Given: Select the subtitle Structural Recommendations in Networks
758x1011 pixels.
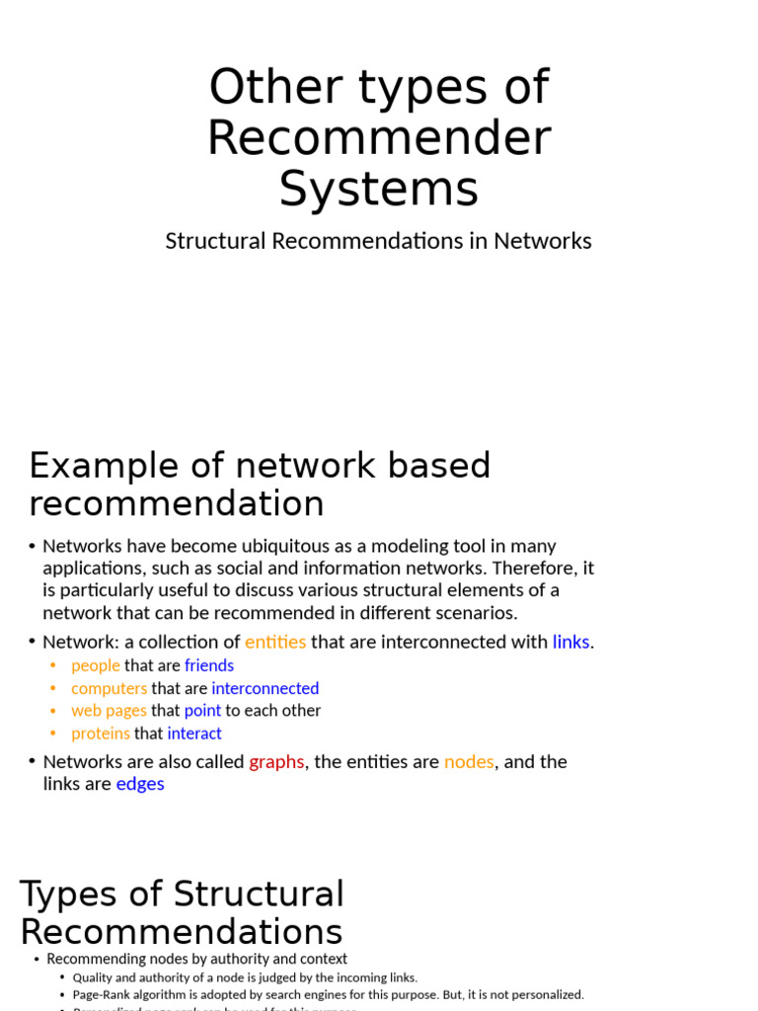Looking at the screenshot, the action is coord(378,241).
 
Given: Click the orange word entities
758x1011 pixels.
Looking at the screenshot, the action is coord(275,642).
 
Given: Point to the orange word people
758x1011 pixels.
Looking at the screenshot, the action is coord(96,665).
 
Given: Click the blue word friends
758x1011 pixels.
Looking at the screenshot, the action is coord(209,665).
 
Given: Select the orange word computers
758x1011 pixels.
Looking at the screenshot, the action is coord(109,688).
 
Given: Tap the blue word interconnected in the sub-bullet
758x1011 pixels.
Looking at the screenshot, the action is coord(265,688).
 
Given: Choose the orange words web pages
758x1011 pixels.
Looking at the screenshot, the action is coord(109,711).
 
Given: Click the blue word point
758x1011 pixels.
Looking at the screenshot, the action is coord(202,711).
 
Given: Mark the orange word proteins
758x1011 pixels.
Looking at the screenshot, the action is coord(101,734).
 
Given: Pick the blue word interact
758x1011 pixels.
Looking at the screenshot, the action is coord(194,734).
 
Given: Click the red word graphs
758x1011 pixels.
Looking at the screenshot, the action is coord(276,762).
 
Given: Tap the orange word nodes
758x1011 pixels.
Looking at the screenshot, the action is coord(469,762).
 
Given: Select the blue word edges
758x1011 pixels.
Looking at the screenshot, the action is coord(140,784).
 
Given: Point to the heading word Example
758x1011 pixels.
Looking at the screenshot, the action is coord(105,465).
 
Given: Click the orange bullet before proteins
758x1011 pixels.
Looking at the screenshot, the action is coord(52,734).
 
